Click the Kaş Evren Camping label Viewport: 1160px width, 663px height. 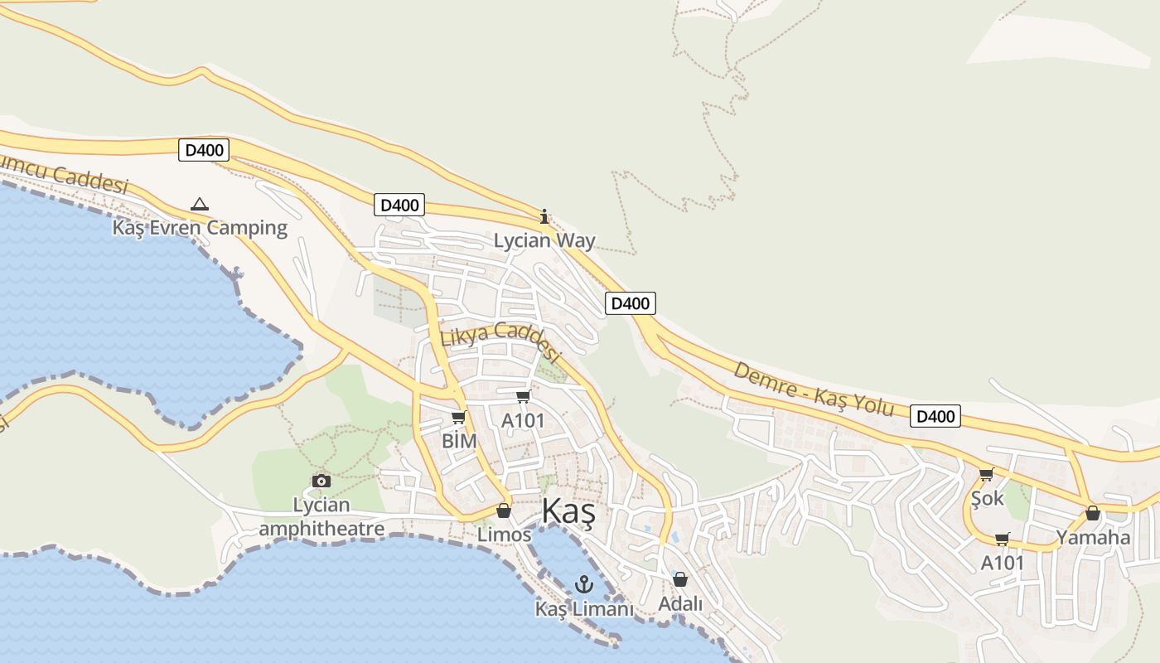(200, 228)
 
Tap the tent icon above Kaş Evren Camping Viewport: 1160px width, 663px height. (199, 204)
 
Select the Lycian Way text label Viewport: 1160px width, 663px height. (544, 241)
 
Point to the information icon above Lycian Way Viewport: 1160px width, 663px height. (544, 217)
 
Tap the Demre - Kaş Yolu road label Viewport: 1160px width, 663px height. (814, 389)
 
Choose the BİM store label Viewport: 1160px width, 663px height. (459, 441)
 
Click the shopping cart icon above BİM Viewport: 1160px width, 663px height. (458, 418)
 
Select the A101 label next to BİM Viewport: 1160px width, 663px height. (523, 421)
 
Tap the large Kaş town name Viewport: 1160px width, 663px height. (568, 512)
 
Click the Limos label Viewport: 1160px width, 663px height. (504, 535)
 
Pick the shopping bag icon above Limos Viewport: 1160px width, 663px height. (503, 511)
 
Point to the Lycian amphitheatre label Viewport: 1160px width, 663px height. (321, 516)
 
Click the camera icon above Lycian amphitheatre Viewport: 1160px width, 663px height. (321, 481)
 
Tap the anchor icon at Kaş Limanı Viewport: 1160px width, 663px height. (584, 584)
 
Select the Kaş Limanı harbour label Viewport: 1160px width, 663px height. (584, 609)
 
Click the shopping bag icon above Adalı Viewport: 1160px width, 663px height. (680, 579)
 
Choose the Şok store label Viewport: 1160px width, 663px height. (987, 498)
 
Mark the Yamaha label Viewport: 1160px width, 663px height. (1093, 537)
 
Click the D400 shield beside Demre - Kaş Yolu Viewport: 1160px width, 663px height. (935, 416)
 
